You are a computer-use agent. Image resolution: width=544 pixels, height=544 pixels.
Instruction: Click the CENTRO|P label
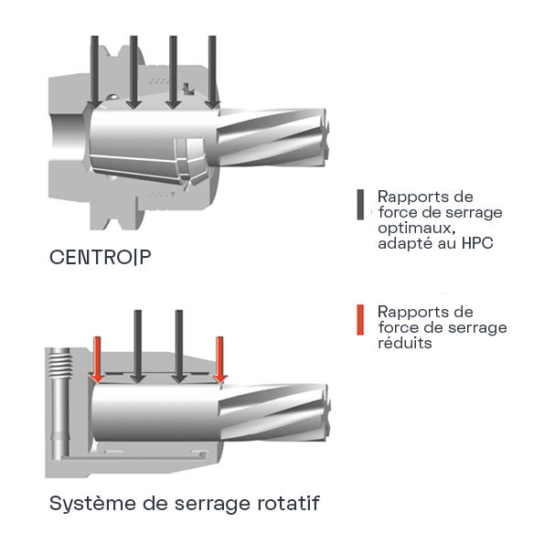[100, 257]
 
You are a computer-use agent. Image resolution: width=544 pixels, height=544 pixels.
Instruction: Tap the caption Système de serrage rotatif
[184, 504]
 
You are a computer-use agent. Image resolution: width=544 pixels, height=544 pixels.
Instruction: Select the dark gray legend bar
[360, 205]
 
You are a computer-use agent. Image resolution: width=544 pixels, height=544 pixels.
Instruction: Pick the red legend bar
[360, 319]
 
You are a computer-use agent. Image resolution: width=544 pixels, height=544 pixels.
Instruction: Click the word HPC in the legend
[477, 243]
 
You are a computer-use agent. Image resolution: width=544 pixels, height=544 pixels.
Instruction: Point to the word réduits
[405, 343]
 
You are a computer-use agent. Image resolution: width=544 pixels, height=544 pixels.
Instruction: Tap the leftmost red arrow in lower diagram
[98, 360]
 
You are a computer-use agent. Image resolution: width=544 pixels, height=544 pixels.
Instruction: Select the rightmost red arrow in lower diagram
[220, 360]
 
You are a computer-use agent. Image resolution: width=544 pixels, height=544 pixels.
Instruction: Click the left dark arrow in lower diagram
[138, 347]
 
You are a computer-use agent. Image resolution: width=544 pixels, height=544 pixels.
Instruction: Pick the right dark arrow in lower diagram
[179, 347]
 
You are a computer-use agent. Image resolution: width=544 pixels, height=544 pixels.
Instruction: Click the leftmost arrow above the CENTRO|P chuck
[94, 72]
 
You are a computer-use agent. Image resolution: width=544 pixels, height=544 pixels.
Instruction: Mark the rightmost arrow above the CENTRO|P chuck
[212, 72]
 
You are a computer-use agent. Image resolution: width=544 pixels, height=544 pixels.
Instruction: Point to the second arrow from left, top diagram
[133, 72]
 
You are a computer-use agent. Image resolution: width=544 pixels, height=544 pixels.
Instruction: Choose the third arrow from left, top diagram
[173, 72]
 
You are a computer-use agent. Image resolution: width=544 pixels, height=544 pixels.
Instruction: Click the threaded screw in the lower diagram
[60, 364]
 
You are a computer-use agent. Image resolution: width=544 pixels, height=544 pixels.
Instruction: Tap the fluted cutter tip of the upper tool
[273, 138]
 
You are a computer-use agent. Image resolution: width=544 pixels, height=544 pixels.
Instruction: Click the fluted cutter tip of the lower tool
[275, 412]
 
